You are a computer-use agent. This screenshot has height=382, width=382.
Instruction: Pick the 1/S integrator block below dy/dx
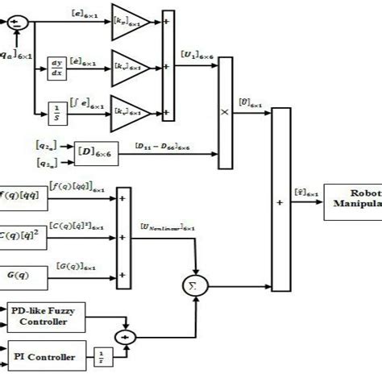pyautogui.click(x=57, y=108)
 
